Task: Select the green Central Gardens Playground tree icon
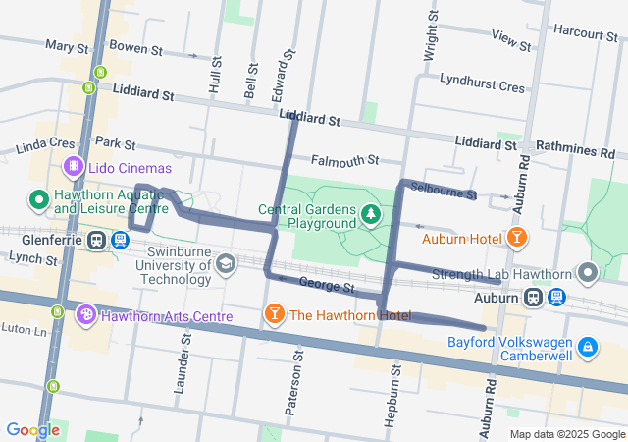(370, 213)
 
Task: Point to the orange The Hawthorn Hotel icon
(275, 314)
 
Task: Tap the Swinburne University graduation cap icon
(227, 263)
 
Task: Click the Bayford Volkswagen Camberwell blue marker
(587, 346)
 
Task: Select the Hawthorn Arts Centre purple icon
(86, 315)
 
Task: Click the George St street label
(326, 288)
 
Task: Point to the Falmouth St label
(344, 160)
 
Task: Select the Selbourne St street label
(444, 190)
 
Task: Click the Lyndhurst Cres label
(482, 86)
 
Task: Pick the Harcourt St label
(585, 32)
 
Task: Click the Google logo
(32, 429)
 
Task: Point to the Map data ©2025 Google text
(566, 434)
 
